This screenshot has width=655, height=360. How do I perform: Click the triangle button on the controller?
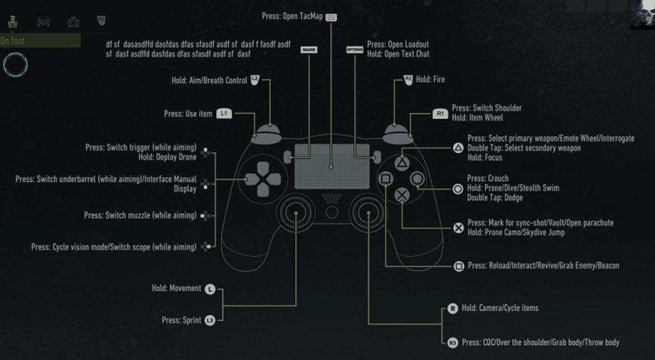(x=402, y=162)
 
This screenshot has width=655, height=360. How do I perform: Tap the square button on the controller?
(x=385, y=178)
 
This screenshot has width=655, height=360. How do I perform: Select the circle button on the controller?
(x=418, y=178)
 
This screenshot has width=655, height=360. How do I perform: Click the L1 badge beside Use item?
(x=224, y=114)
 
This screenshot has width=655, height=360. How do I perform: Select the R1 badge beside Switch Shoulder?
(x=440, y=114)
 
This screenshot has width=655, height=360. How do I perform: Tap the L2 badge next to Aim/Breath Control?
(x=255, y=80)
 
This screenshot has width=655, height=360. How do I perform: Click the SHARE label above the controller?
(x=309, y=49)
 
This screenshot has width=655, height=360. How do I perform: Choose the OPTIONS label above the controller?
(x=354, y=49)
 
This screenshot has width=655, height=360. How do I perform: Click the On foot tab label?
(x=13, y=40)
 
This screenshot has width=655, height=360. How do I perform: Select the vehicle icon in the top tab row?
(x=43, y=21)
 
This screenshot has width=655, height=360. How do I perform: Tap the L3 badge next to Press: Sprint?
(x=210, y=321)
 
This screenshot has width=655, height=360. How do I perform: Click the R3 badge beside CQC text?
(x=452, y=343)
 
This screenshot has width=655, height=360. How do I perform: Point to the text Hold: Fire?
(x=430, y=80)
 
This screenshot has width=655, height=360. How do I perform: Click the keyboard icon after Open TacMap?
(x=331, y=17)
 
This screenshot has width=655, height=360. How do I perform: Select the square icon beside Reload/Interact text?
(x=458, y=266)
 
